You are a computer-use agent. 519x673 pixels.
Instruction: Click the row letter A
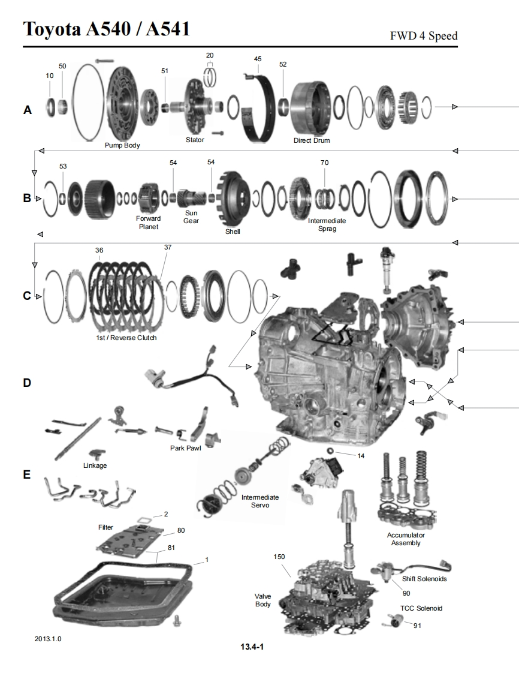(27, 110)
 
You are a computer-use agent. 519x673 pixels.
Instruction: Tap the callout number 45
(258, 59)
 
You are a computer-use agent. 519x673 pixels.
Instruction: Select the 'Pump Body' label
(122, 145)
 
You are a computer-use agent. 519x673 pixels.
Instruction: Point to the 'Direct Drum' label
(312, 140)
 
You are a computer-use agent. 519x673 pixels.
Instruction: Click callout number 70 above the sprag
(325, 163)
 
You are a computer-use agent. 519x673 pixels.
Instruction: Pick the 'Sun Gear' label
(192, 217)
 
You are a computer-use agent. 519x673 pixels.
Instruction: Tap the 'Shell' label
(233, 232)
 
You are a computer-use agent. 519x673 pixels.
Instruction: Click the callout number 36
(99, 250)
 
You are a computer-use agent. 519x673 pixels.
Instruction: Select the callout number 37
(167, 247)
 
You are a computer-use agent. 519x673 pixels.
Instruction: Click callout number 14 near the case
(361, 456)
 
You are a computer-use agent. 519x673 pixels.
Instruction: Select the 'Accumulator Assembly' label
(406, 539)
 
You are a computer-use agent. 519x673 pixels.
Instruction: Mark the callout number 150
(279, 557)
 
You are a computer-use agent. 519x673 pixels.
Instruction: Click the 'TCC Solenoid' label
(421, 608)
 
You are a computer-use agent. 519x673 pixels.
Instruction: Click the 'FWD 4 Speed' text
(424, 36)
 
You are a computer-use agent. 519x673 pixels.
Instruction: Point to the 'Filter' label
(105, 527)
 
